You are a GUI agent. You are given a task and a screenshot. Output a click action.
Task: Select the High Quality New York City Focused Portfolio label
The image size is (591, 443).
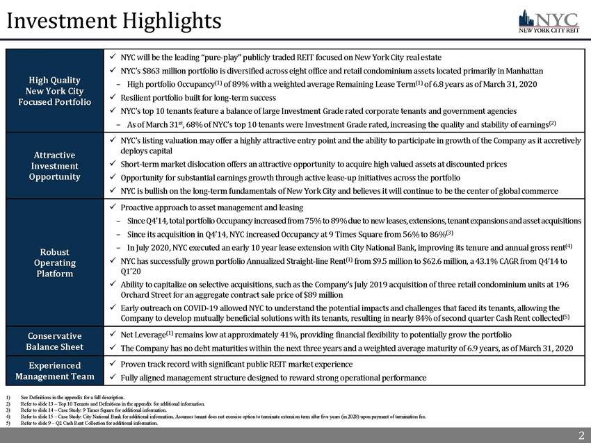[x=55, y=91]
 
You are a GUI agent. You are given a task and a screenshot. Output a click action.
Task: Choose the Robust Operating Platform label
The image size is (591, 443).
[x=55, y=262]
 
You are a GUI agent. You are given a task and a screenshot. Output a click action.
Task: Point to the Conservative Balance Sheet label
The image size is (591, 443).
[x=55, y=341]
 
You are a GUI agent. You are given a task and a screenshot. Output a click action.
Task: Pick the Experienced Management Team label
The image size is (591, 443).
[x=55, y=371]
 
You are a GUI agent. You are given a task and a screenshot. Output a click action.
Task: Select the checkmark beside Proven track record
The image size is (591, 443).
[x=113, y=365]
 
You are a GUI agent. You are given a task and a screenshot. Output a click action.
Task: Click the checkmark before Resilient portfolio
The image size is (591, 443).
[x=113, y=99]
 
